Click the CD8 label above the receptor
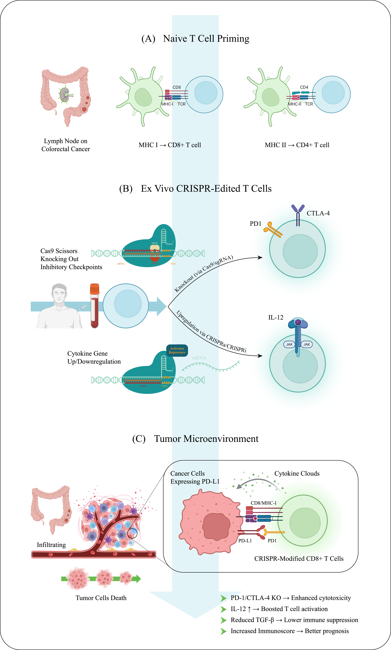177,87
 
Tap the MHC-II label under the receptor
294,104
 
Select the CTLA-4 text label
318,213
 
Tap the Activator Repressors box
177,350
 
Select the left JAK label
289,344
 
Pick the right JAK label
307,344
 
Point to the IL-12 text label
276,317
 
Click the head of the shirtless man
59,293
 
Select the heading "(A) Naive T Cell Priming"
195,38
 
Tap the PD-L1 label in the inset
245,541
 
